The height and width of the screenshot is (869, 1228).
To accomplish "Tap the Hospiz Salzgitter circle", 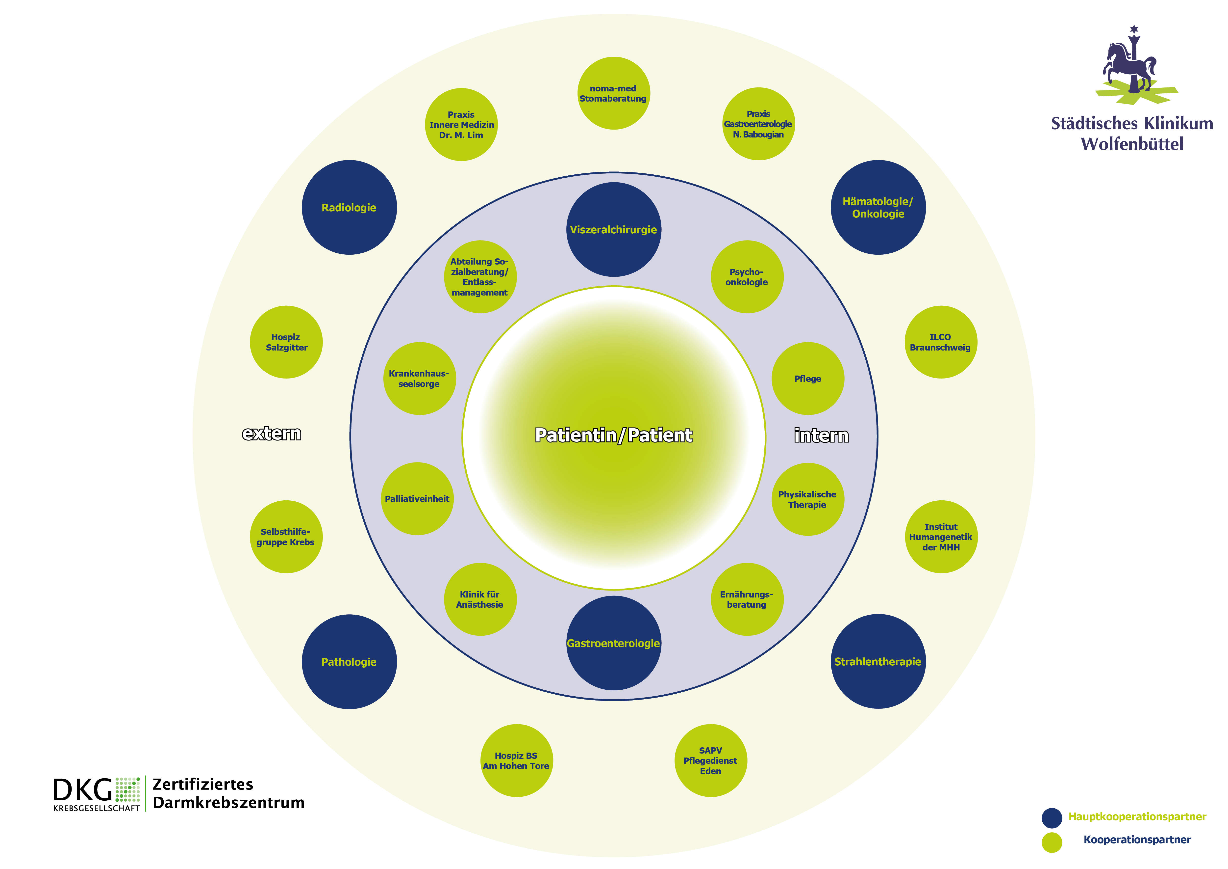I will [286, 342].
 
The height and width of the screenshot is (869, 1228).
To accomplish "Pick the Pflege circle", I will [808, 378].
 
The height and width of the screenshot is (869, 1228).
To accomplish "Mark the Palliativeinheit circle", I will [417, 499].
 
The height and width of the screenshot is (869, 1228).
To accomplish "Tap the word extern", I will [272, 434].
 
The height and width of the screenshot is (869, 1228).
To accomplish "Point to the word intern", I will [821, 435].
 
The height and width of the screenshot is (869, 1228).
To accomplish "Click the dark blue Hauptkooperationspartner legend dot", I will [1052, 818].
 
